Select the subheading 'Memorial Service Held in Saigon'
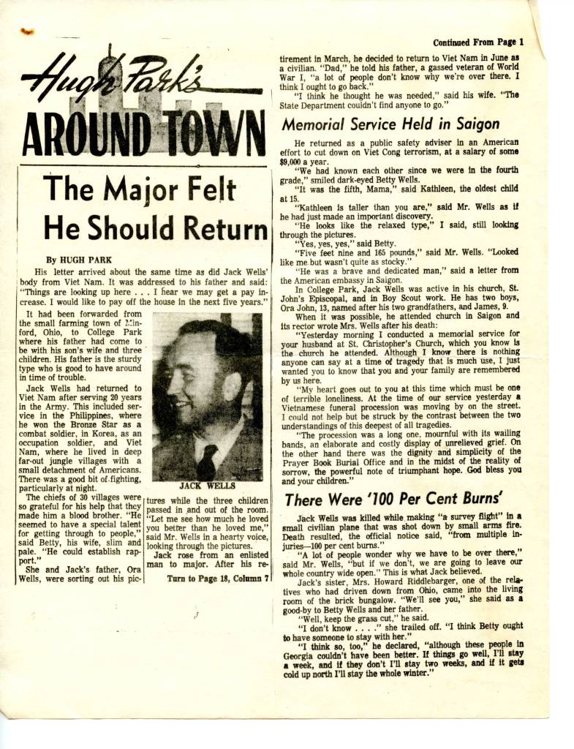point(390,124)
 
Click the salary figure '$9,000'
point(296,162)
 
